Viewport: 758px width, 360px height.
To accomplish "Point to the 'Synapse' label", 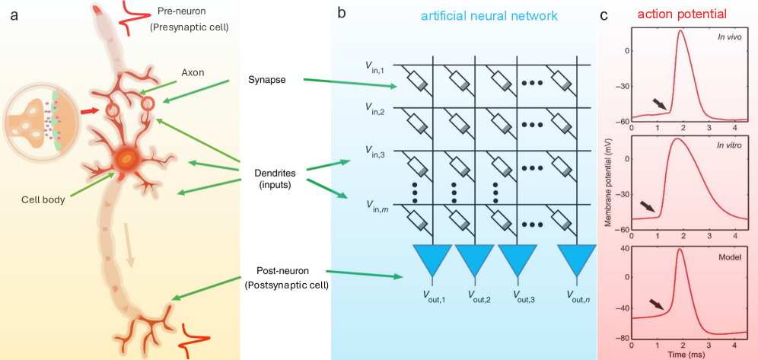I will [267, 79].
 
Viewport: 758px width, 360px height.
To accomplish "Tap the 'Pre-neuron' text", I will [182, 13].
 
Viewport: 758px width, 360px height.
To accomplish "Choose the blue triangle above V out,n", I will [575, 260].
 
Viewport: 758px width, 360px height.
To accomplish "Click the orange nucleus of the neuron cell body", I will [126, 158].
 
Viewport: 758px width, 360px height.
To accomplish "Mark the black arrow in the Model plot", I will [656, 305].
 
